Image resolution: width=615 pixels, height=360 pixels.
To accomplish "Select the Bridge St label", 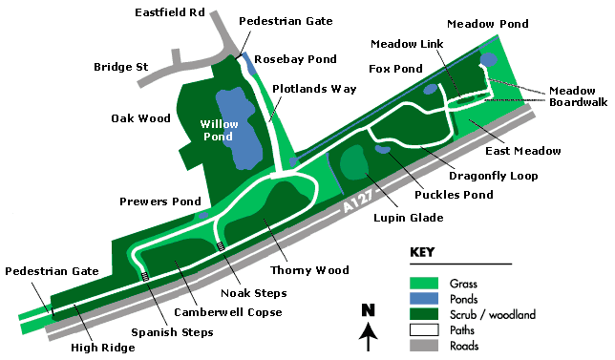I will [120, 67].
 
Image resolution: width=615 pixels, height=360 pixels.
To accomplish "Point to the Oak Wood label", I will [140, 118].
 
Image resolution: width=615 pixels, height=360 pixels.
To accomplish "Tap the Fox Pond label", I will [394, 69].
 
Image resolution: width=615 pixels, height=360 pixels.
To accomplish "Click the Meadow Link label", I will [402, 44].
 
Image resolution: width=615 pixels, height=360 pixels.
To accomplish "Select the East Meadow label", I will [522, 151].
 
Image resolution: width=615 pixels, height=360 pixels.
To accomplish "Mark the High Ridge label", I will [95, 348].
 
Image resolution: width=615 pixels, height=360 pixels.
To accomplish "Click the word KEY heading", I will [422, 253].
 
